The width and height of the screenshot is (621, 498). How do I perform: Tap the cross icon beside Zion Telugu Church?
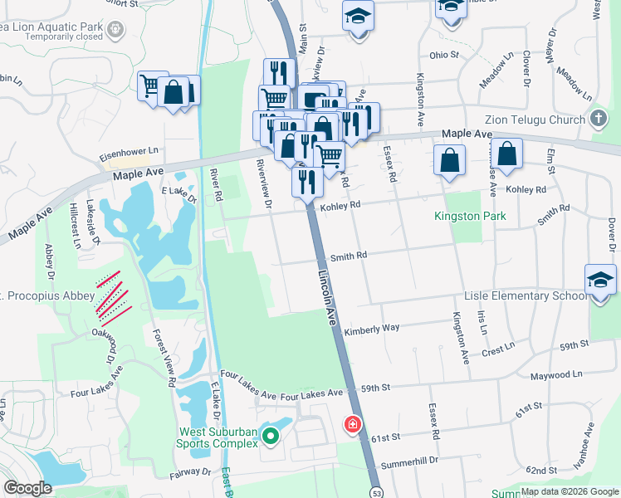click(598, 119)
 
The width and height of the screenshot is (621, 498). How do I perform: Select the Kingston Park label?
click(470, 217)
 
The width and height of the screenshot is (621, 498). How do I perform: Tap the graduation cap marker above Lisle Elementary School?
click(600, 280)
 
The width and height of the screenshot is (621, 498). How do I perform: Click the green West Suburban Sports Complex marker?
click(270, 435)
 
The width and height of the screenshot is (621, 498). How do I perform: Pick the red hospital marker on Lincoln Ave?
click(353, 425)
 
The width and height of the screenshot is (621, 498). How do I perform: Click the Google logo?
click(28, 488)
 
